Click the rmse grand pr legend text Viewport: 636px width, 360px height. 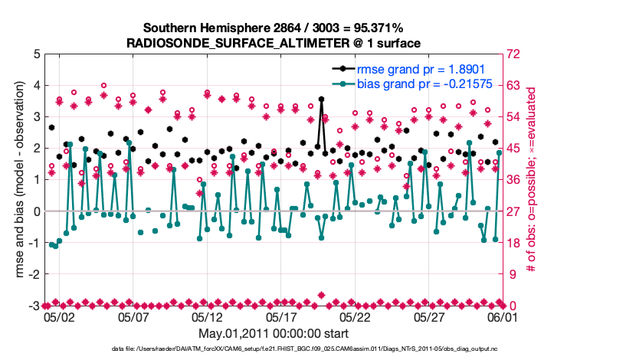tap(433, 68)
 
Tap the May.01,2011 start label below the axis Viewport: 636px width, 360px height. tap(274, 334)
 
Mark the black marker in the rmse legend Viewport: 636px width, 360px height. tap(348, 68)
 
